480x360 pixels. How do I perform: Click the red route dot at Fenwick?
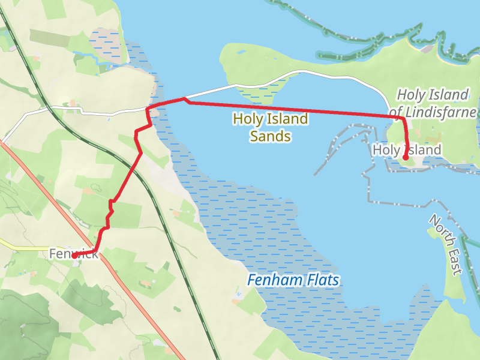tap(74, 256)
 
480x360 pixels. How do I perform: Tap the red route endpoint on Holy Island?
tap(406, 158)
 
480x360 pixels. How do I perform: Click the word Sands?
tap(271, 137)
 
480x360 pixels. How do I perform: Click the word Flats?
tap(320, 280)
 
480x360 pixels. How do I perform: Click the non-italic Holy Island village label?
tap(407, 149)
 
